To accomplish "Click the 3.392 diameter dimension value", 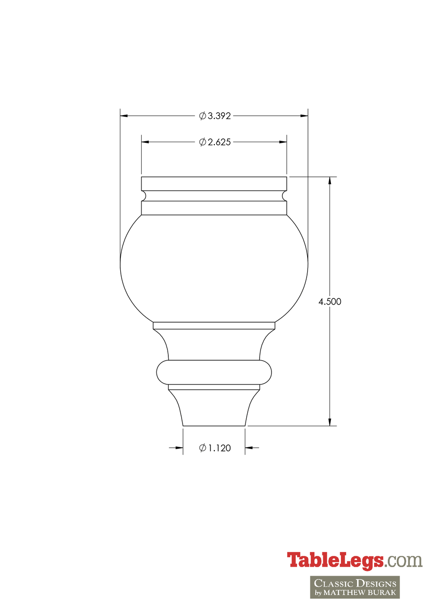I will [x=219, y=116].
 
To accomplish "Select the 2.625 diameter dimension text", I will [x=219, y=142].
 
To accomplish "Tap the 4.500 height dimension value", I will [x=329, y=302].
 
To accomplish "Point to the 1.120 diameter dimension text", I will [x=219, y=448].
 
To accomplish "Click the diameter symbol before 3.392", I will [x=203, y=116].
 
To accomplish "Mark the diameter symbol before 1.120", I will [x=203, y=448].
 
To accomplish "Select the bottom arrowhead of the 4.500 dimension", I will [x=329, y=422].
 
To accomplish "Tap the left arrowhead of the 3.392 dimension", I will [x=124, y=116].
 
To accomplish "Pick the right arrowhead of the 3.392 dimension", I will [x=304, y=116].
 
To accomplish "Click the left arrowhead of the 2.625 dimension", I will [x=145, y=142].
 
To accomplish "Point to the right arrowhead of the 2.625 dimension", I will [x=283, y=142].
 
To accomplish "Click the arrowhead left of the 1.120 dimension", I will [x=179, y=448].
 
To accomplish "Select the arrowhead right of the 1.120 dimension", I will [x=249, y=448].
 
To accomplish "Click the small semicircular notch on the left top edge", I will [x=143, y=196].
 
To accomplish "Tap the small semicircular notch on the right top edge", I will [x=285, y=196].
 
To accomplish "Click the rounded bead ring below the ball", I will [x=214, y=372].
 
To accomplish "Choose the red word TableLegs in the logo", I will [x=335, y=560].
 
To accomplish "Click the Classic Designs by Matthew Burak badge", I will [x=355, y=587].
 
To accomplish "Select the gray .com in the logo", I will [x=404, y=560].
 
